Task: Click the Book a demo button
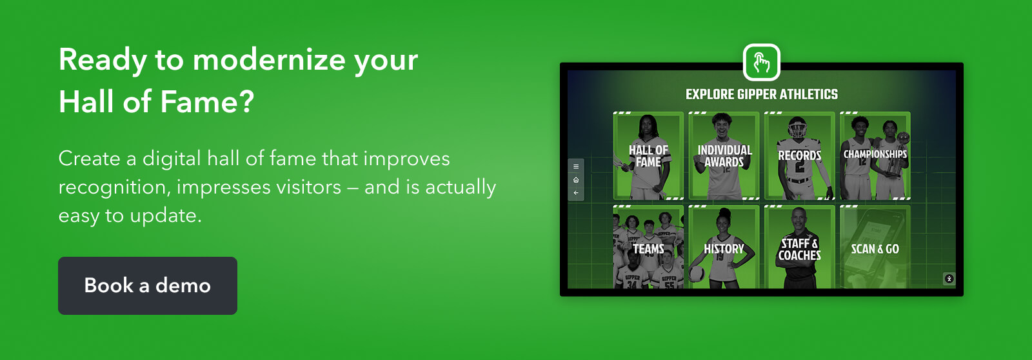coord(148,286)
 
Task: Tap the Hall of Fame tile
coord(648,155)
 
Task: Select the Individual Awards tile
coord(724,155)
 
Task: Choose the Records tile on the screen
coord(799,155)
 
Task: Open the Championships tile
coord(875,155)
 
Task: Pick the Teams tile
coord(648,247)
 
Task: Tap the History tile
coord(724,247)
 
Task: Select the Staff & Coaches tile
coord(799,247)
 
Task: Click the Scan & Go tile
coord(875,247)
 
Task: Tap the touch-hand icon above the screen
coord(762,62)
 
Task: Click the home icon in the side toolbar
coord(576,180)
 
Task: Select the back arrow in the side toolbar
coord(576,193)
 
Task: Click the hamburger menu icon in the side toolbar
coord(576,166)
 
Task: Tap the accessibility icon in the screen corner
coord(949,279)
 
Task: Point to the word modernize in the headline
coord(268,60)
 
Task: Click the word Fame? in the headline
coord(207,102)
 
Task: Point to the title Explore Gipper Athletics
coord(762,94)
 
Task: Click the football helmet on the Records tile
coord(797,128)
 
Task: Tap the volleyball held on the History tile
coord(697,274)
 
